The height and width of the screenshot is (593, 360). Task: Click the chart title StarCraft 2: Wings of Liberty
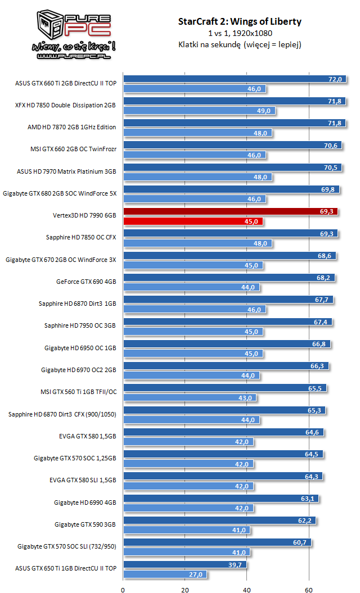pos(239,22)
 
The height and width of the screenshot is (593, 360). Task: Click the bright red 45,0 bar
pos(193,221)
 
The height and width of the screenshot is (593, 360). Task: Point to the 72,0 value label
pos(335,80)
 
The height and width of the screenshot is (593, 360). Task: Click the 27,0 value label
pos(196,574)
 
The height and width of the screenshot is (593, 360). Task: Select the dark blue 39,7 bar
pos(184,564)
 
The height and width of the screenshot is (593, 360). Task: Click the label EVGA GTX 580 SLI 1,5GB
pos(83,480)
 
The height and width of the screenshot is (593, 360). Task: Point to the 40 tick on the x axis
pos(247,590)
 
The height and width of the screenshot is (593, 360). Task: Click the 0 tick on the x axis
pos(123,590)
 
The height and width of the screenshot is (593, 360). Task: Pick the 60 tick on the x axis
pos(309,590)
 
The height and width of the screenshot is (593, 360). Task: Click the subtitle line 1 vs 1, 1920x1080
pos(239,33)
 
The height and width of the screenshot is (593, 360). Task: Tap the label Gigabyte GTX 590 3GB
pos(85,524)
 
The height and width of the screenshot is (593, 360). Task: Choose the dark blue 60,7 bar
pos(217,542)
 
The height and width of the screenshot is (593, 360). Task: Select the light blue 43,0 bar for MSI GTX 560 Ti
pos(190,398)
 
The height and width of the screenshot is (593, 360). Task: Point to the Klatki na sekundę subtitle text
pos(239,44)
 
